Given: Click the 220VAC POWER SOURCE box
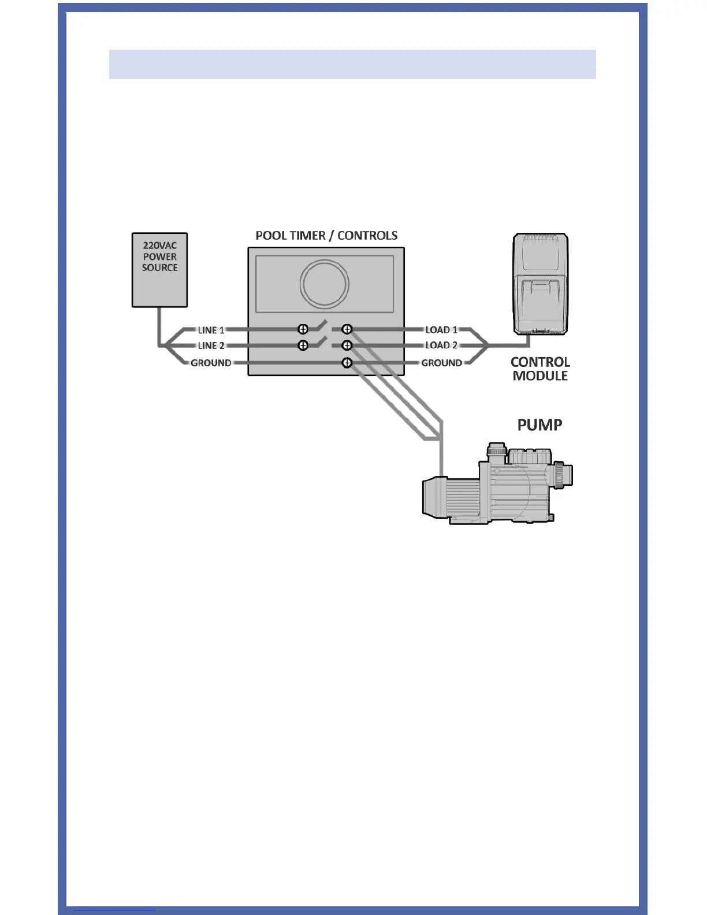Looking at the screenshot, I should (x=159, y=270).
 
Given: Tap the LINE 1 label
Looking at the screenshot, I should (x=211, y=330).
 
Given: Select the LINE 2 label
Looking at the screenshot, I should (x=211, y=345).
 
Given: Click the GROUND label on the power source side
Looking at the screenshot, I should (x=211, y=363).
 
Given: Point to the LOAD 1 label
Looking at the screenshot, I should (x=441, y=330).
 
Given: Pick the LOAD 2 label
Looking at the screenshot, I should (x=441, y=345).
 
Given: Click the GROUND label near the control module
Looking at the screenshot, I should (x=441, y=363).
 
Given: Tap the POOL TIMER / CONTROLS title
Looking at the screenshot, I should (x=326, y=236).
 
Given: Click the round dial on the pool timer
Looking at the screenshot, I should (x=324, y=284).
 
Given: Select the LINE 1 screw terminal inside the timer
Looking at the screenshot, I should (x=303, y=329).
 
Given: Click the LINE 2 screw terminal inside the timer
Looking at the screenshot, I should (x=303, y=345).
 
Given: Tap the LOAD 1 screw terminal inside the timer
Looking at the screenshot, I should (x=347, y=329).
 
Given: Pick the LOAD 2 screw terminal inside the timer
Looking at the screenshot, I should (x=347, y=345).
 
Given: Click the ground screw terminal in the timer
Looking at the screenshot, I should (x=347, y=363).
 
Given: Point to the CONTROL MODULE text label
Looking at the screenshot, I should (x=540, y=369).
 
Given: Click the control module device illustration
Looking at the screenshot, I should (x=541, y=284).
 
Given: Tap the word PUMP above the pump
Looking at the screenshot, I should (x=539, y=425).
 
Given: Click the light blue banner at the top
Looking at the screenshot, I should (x=352, y=64).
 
